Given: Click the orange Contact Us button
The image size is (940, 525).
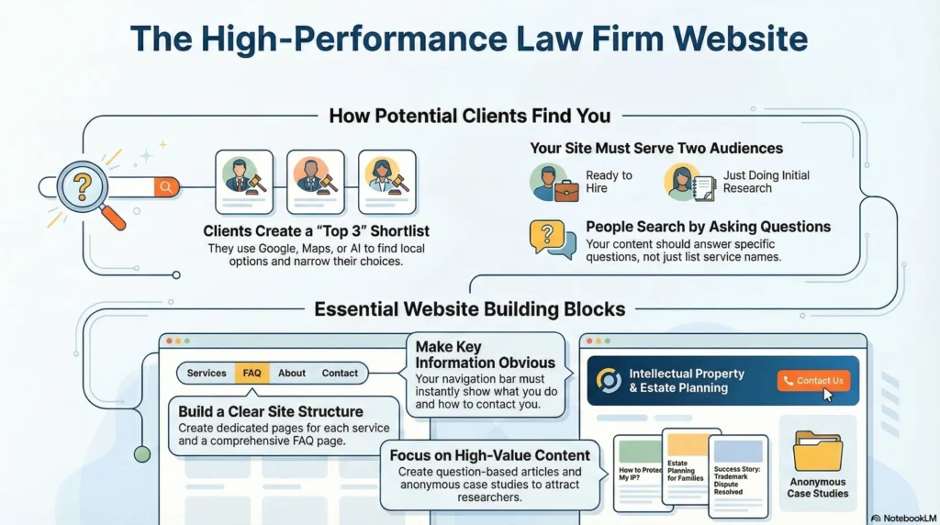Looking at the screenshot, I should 812,381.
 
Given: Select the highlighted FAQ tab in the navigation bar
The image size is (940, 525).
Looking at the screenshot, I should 252,373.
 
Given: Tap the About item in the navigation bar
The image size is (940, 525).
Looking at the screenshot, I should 292,373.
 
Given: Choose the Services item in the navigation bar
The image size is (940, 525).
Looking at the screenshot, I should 207,373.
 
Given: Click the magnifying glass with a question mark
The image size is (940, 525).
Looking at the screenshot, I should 83,186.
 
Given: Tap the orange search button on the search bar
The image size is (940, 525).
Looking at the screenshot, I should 165,187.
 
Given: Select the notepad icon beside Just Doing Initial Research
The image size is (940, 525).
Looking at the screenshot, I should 704,188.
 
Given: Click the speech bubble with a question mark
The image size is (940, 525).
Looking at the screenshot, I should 551,239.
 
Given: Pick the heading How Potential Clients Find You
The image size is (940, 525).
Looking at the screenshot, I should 469,116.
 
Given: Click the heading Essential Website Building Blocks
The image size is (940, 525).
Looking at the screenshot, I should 469,308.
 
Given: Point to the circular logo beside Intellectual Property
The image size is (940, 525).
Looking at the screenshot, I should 608,380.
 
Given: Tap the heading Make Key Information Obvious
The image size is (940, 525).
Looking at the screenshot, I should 485,354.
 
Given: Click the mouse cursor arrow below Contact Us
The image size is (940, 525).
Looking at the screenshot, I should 828,395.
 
